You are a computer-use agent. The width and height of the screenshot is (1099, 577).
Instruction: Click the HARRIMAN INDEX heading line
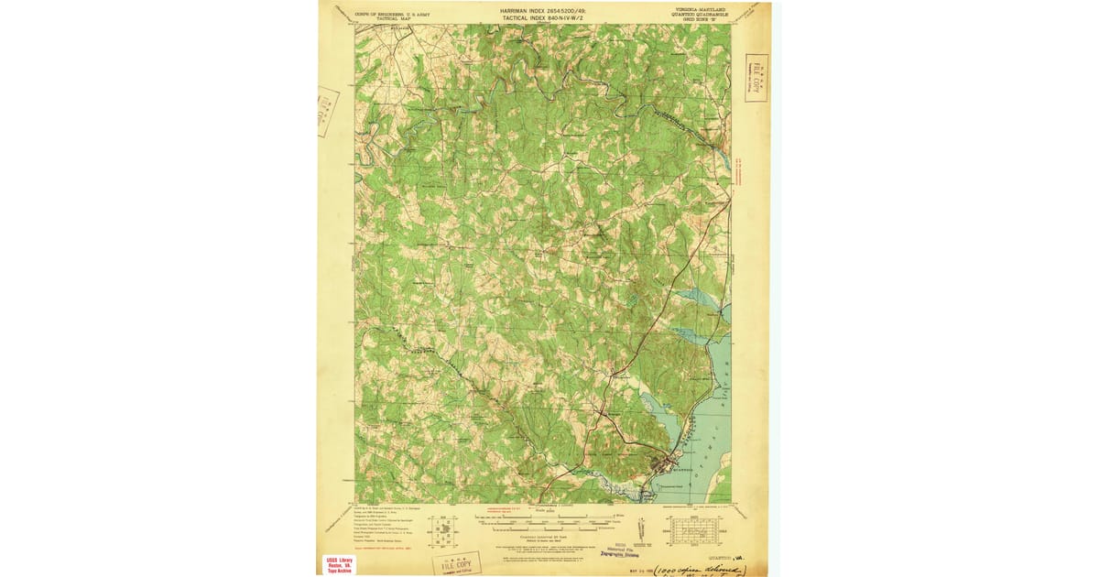(x=542, y=9)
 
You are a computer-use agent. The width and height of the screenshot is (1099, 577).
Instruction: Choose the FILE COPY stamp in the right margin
(x=756, y=77)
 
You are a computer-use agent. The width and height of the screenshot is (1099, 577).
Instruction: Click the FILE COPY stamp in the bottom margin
(x=455, y=560)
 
